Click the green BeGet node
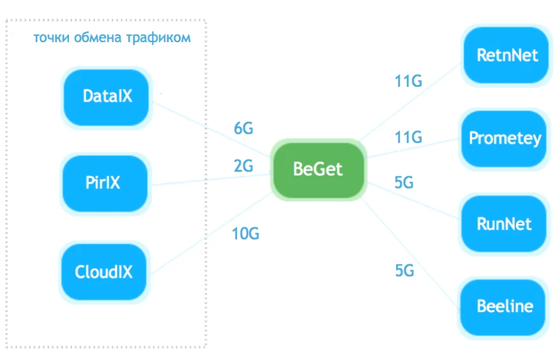pyautogui.click(x=317, y=170)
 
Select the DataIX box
pyautogui.click(x=107, y=97)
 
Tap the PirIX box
pyautogui.click(x=103, y=184)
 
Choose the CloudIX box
pyautogui.click(x=103, y=272)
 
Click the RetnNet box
pyautogui.click(x=507, y=55)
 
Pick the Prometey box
pyautogui.click(x=505, y=139)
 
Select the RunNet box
pyautogui.click(x=504, y=225)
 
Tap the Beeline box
pyautogui.click(x=505, y=306)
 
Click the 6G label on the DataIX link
pyautogui.click(x=243, y=129)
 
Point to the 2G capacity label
pyautogui.click(x=243, y=167)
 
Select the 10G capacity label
pyautogui.click(x=245, y=234)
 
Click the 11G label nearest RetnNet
pyautogui.click(x=408, y=82)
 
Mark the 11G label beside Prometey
pyautogui.click(x=408, y=137)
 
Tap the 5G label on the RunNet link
pyautogui.click(x=404, y=183)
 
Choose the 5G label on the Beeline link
pyautogui.click(x=404, y=271)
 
